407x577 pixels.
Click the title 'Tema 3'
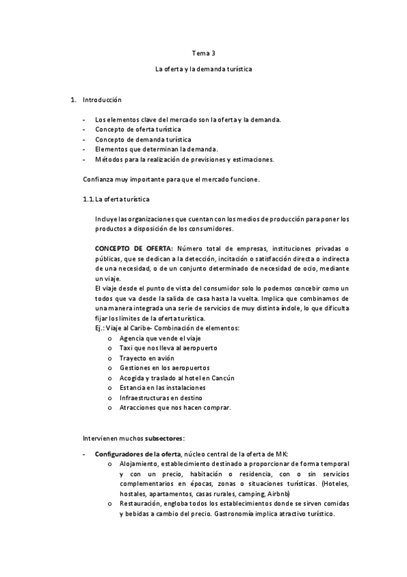202,52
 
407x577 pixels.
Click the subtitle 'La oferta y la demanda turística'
203,69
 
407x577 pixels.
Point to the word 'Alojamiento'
138,464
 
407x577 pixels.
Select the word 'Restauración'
139,504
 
